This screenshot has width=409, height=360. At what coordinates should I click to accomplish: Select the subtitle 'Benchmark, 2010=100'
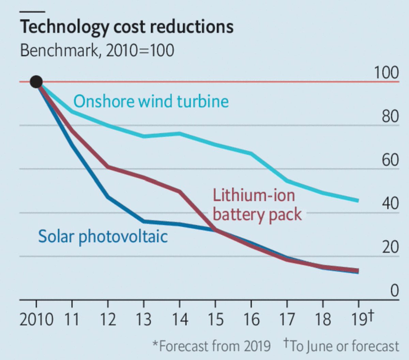[x=97, y=50]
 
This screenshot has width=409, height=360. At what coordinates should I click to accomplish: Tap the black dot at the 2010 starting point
[x=36, y=82]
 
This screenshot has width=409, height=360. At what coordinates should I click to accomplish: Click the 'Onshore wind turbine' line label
[x=151, y=101]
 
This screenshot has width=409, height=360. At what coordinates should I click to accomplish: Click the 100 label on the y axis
[x=387, y=73]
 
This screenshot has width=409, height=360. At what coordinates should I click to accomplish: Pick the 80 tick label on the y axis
[x=390, y=116]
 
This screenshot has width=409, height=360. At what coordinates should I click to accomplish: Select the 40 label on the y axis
[x=390, y=203]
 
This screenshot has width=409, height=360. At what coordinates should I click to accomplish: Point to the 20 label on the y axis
[x=390, y=247]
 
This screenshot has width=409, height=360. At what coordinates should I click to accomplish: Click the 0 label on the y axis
[x=394, y=291]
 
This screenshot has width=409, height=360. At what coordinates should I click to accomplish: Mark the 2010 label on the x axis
[x=36, y=319]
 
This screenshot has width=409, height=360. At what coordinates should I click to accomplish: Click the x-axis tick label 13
[x=144, y=319]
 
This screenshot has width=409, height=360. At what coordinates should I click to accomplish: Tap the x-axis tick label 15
[x=215, y=319]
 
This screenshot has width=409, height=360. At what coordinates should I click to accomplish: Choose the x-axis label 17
[x=287, y=319]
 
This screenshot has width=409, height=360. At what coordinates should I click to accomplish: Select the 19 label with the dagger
[x=362, y=318]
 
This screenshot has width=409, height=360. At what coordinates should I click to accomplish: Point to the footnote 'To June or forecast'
[x=341, y=346]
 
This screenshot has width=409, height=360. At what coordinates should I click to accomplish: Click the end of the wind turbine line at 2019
[x=359, y=201]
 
